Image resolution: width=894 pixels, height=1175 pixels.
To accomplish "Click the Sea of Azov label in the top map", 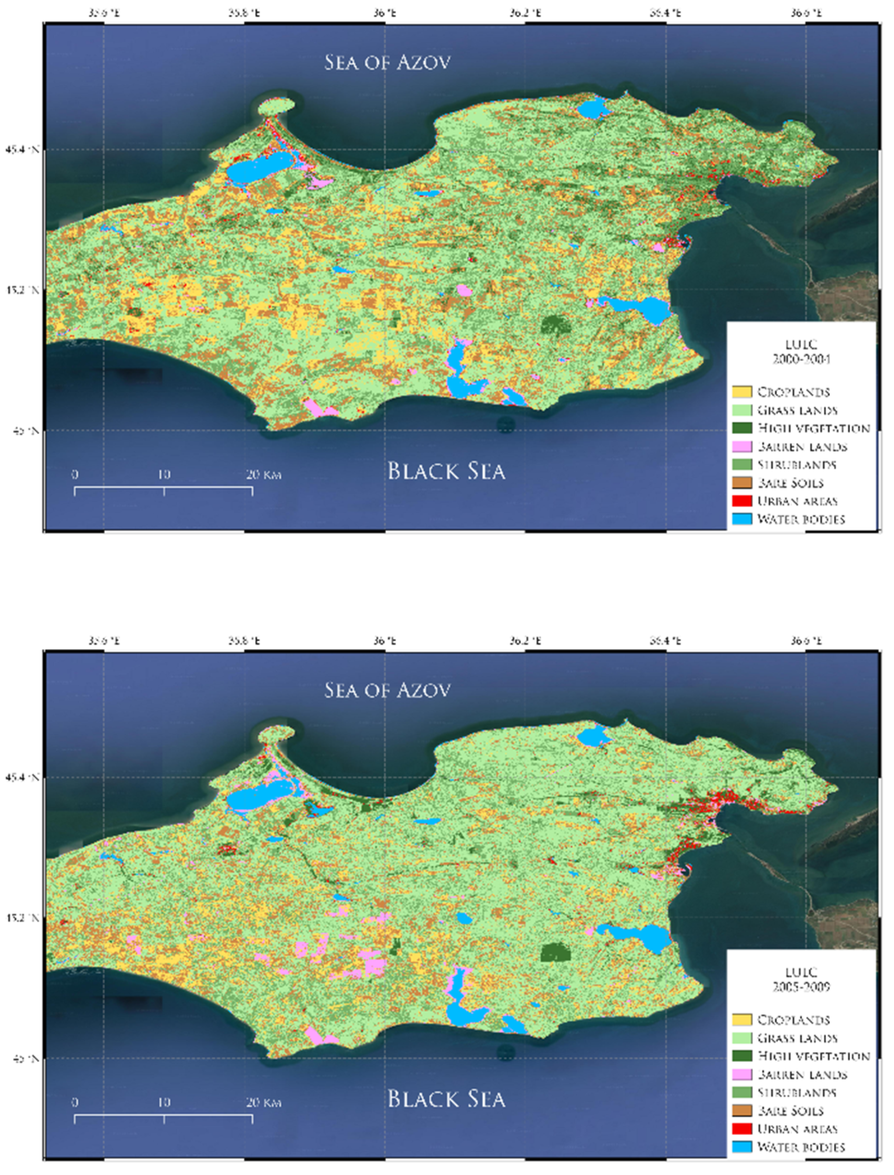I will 387,62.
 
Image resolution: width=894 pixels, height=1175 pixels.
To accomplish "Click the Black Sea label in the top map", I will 446,471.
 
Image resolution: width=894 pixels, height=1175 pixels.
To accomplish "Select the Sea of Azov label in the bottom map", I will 387,690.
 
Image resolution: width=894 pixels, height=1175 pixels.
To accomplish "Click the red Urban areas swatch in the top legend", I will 742,501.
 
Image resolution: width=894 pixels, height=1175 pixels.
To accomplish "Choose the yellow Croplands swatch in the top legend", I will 742,392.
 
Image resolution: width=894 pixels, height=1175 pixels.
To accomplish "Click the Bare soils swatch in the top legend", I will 742,483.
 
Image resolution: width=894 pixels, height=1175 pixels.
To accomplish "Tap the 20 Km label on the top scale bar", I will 263,475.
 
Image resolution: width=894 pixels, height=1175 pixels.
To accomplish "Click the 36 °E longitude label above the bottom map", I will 384,641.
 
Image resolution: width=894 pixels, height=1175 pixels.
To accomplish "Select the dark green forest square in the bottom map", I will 555,952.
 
